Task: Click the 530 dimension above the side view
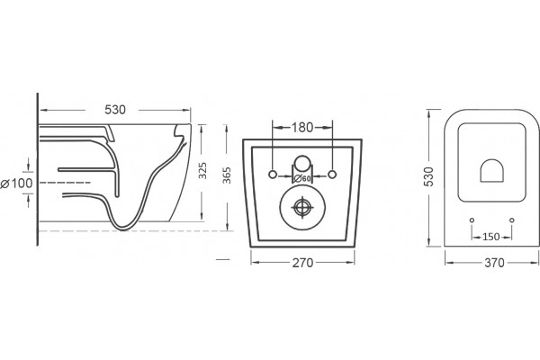click(115, 110)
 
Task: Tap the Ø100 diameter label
click(16, 184)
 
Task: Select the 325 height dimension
click(202, 170)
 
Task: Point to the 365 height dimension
click(227, 175)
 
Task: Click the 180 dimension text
click(302, 128)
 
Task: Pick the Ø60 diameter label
click(302, 178)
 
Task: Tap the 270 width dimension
click(302, 263)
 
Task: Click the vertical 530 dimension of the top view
click(428, 176)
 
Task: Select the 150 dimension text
click(491, 237)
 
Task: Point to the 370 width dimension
click(494, 263)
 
